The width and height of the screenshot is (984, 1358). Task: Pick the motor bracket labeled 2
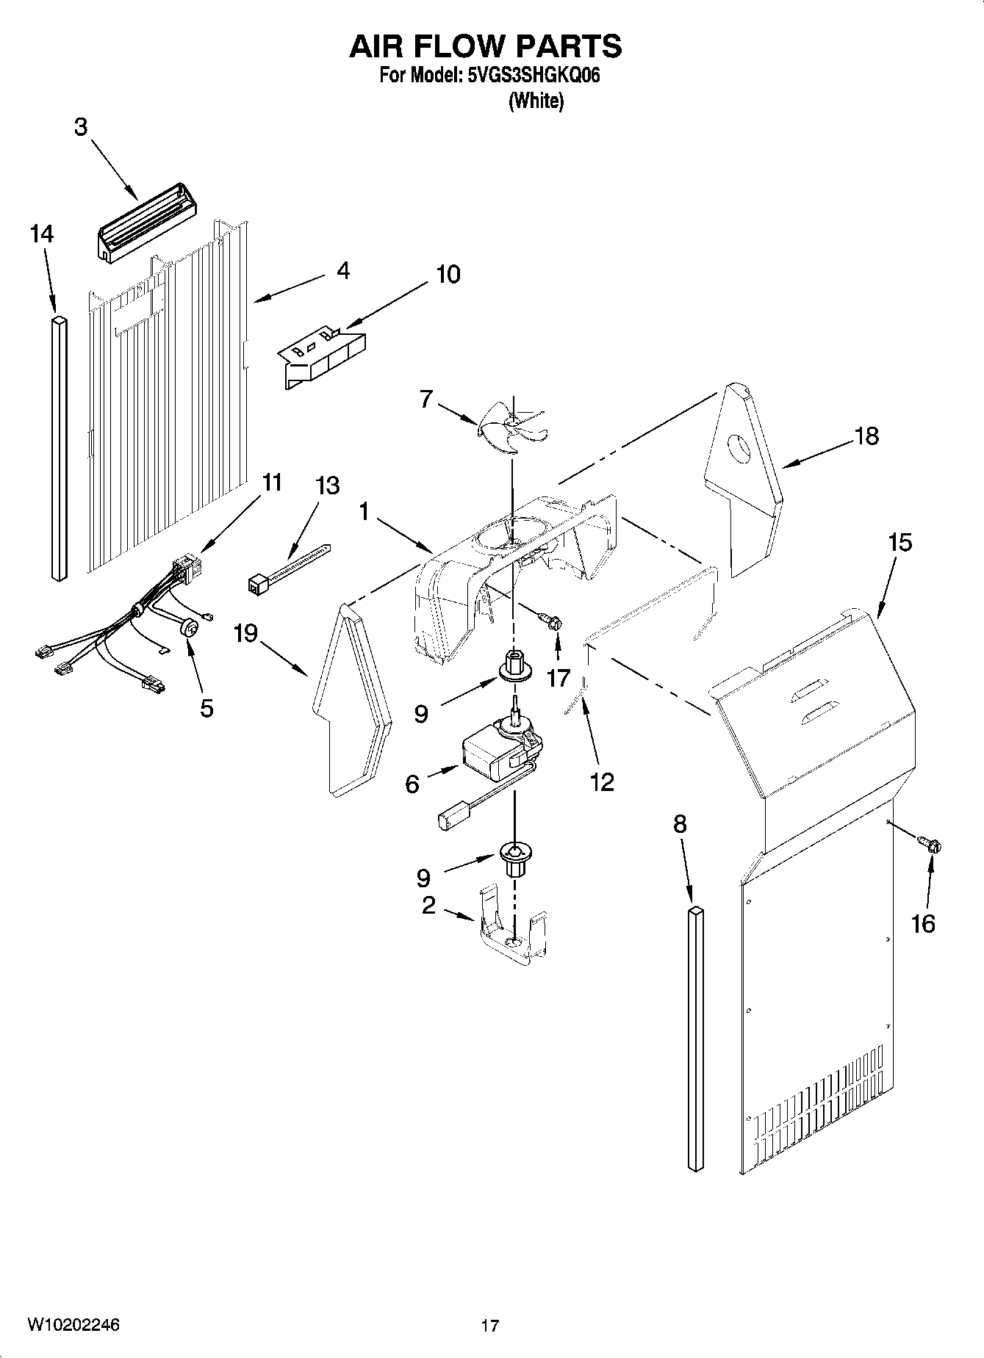pyautogui.click(x=514, y=929)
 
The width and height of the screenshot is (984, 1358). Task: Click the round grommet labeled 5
pyautogui.click(x=190, y=628)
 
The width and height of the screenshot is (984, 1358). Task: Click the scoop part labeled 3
pyautogui.click(x=147, y=220)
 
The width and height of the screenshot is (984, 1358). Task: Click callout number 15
pyautogui.click(x=899, y=543)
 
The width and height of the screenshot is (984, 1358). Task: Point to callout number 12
pyautogui.click(x=601, y=782)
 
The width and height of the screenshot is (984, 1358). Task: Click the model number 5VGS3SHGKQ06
pyautogui.click(x=534, y=76)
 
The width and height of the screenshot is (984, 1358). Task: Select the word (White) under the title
pyautogui.click(x=536, y=101)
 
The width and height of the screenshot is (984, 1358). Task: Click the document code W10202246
pyautogui.click(x=73, y=1325)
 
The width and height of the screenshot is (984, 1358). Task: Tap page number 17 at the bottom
pyautogui.click(x=490, y=1326)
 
